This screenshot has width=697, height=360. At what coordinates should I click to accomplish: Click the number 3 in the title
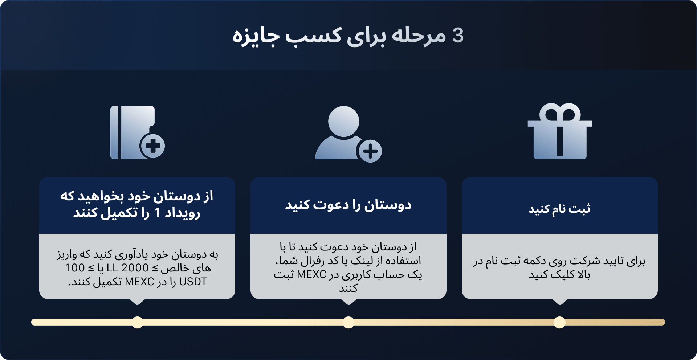[458, 36]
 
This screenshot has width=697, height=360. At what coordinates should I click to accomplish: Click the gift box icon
[560, 131]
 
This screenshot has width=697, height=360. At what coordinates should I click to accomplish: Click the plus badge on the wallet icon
[153, 146]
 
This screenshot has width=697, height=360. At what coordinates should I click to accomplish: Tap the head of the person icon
[343, 122]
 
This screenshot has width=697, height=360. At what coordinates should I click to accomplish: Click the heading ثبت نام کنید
[559, 209]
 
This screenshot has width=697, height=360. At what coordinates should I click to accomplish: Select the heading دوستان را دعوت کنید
[348, 205]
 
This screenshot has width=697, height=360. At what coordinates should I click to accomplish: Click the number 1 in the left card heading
[157, 213]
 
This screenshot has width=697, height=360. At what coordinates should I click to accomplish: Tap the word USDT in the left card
[193, 282]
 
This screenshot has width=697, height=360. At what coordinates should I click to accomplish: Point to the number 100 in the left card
[75, 268]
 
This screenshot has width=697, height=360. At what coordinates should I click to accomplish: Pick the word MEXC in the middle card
[311, 274]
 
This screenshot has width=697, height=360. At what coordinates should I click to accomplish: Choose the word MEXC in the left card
[139, 282]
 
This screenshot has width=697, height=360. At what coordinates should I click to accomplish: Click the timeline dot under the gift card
[559, 322]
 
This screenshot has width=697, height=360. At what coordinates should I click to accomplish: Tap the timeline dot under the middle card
[348, 322]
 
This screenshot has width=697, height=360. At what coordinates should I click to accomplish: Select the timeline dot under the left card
[137, 322]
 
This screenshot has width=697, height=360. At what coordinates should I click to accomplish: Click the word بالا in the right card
[584, 274]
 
